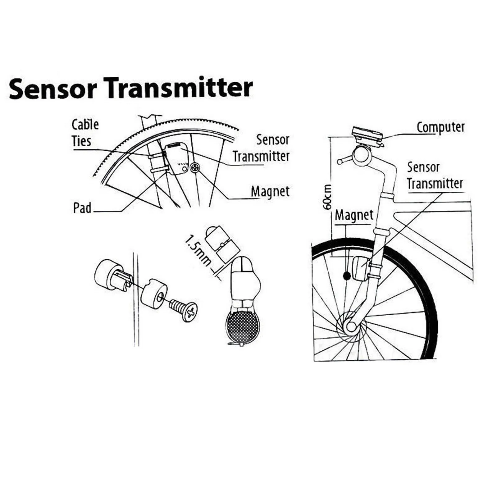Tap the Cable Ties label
(85, 133)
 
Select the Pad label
(82, 208)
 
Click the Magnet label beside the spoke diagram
(270, 192)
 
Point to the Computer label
(440, 127)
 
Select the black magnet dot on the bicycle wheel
(347, 276)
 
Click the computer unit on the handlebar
(367, 135)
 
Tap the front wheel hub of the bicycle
(351, 326)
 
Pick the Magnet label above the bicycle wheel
(354, 215)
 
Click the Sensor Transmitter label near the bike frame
(435, 176)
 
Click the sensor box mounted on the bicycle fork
(360, 268)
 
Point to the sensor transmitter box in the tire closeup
(176, 157)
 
